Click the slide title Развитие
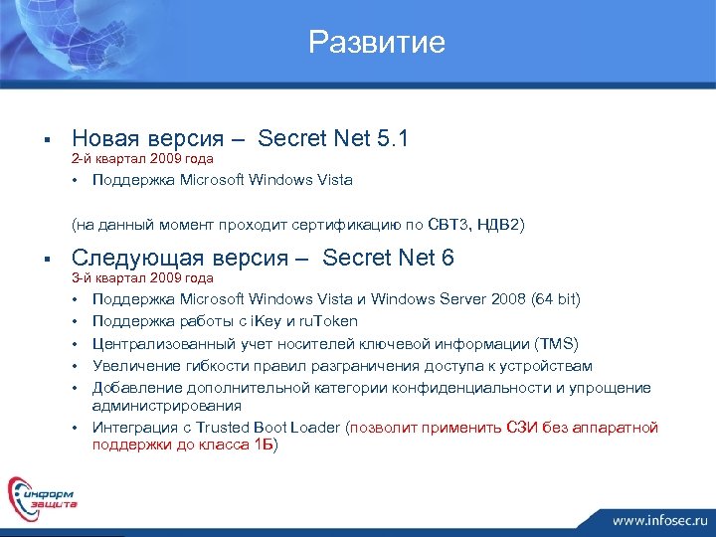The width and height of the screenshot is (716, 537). [377, 42]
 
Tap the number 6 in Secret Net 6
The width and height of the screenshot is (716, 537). [447, 259]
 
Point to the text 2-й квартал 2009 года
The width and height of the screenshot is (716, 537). [142, 159]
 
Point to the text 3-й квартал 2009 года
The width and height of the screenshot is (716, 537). [142, 278]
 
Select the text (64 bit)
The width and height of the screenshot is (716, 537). [556, 299]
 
